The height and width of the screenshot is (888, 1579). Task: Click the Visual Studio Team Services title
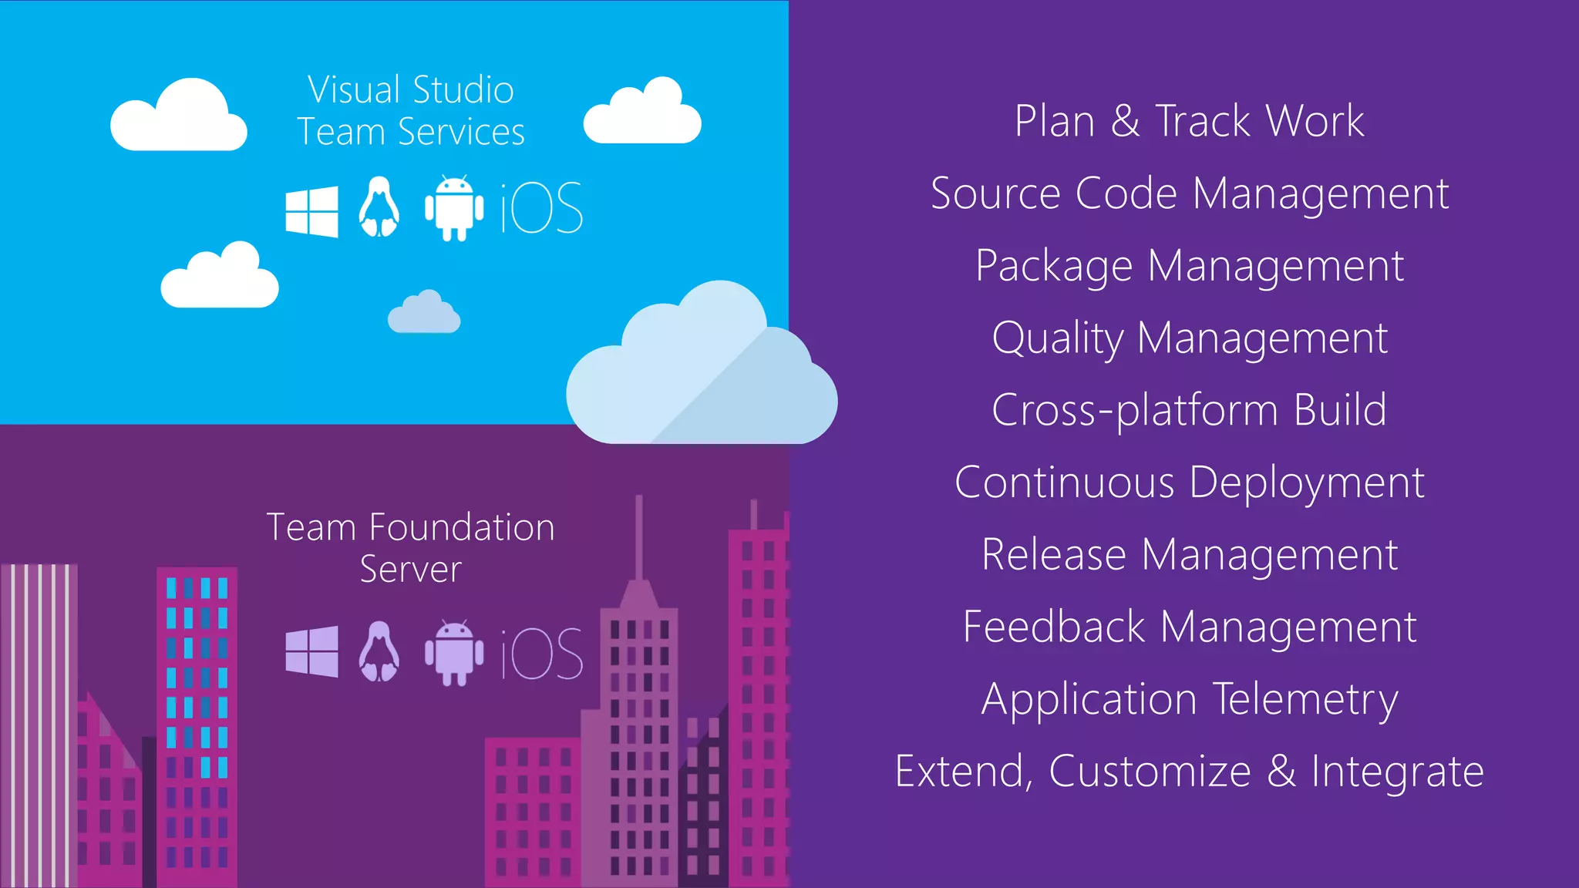click(x=411, y=110)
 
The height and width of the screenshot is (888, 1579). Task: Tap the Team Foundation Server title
click(x=411, y=547)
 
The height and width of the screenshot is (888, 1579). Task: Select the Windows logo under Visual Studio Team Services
click(x=311, y=211)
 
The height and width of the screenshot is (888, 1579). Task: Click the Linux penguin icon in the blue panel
click(x=379, y=207)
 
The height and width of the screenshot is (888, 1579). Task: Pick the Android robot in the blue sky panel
click(x=454, y=209)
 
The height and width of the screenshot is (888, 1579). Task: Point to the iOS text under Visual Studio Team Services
click(x=541, y=209)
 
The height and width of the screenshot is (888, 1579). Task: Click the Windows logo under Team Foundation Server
click(x=311, y=651)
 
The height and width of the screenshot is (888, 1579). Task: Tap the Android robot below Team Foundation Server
click(x=454, y=652)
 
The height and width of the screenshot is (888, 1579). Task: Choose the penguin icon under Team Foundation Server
click(x=379, y=651)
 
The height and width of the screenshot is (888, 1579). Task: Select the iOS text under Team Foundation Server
click(x=541, y=654)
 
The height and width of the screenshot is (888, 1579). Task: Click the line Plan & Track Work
click(x=1189, y=121)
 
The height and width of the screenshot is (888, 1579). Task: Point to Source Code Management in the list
click(x=1189, y=193)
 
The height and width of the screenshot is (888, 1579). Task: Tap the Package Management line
click(x=1189, y=265)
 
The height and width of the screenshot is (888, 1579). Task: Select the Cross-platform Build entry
click(x=1189, y=409)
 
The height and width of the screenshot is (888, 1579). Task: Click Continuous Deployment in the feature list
click(x=1189, y=482)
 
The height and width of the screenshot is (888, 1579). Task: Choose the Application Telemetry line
click(x=1189, y=699)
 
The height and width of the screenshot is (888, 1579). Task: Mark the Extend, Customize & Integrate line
click(x=1189, y=771)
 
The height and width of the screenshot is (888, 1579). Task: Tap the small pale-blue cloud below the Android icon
click(x=424, y=314)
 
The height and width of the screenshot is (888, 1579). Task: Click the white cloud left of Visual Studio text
click(x=179, y=118)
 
